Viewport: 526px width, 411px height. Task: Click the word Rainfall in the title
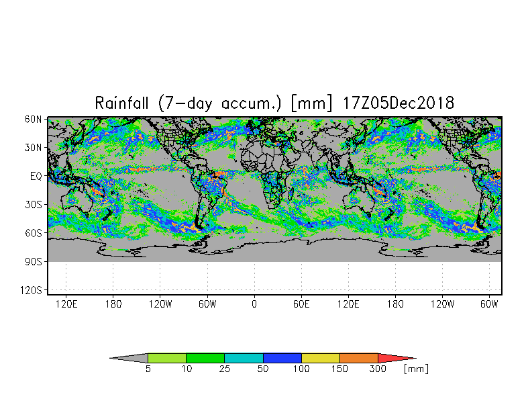pyautogui.click(x=121, y=103)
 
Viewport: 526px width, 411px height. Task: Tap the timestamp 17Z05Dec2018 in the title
pyautogui.click(x=399, y=103)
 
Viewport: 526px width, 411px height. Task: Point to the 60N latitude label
pyautogui.click(x=34, y=120)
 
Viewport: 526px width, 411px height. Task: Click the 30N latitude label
pyautogui.click(x=34, y=148)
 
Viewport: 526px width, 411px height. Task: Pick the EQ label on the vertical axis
pyautogui.click(x=36, y=176)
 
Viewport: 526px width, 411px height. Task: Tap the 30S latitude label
pyautogui.click(x=34, y=204)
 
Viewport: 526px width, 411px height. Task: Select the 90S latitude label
pyautogui.click(x=34, y=262)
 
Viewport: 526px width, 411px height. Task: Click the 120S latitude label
pyautogui.click(x=31, y=290)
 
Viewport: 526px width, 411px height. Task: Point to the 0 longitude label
pyautogui.click(x=254, y=304)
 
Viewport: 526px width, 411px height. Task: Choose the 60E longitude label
pyautogui.click(x=301, y=304)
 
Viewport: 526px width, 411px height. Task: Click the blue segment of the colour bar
pyautogui.click(x=282, y=358)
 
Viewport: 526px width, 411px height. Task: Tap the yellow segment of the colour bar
pyautogui.click(x=321, y=358)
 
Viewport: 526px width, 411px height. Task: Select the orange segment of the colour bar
pyautogui.click(x=358, y=358)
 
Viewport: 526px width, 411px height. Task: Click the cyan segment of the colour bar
pyautogui.click(x=244, y=358)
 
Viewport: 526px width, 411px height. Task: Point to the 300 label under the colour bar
pyautogui.click(x=378, y=369)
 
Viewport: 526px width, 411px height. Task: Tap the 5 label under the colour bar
pyautogui.click(x=148, y=369)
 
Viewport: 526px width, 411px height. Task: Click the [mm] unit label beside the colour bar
pyautogui.click(x=416, y=369)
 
